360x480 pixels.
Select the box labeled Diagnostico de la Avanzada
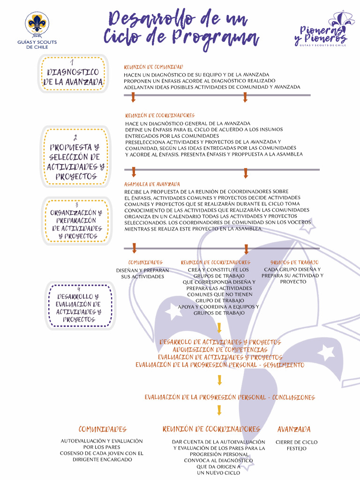tap(74, 74)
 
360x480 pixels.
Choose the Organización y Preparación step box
tap(76, 220)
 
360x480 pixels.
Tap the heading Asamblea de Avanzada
tap(152, 184)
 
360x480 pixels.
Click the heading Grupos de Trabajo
tap(294, 262)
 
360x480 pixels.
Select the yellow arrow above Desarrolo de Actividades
tap(219, 328)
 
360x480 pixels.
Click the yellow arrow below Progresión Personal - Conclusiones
tap(219, 411)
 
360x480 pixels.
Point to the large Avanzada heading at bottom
tap(294, 429)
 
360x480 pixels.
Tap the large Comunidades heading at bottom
tap(102, 429)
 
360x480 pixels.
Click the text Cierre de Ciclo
tap(296, 442)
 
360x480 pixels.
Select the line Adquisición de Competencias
tap(220, 350)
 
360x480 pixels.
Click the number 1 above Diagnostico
tap(72, 62)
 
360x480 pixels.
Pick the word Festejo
tap(296, 449)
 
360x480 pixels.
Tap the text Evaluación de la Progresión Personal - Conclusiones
tap(229, 397)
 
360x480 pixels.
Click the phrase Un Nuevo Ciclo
tap(218, 472)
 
